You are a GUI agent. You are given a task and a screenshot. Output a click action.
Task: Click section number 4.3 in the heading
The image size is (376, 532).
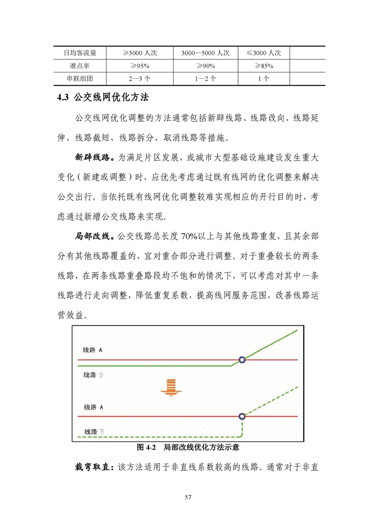63,98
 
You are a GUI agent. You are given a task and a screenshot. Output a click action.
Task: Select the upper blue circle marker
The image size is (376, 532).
242,360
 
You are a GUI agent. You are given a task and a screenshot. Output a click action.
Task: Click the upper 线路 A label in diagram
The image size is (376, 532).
93,350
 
